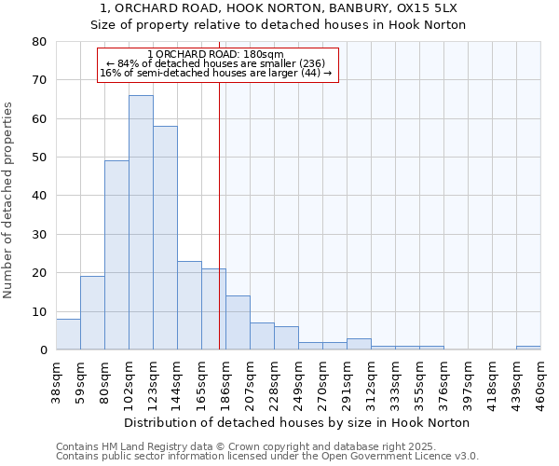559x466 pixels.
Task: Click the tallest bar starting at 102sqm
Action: click(141, 223)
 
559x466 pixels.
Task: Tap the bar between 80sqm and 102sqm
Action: click(116, 255)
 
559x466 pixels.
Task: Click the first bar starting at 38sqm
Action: click(68, 335)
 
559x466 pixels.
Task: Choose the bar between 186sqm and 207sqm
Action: click(238, 322)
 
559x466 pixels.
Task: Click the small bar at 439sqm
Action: click(528, 348)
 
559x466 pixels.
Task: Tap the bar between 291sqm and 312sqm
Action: click(359, 344)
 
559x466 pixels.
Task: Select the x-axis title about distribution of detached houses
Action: click(296, 422)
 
